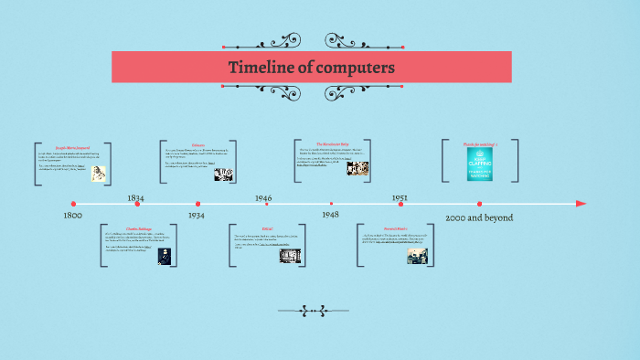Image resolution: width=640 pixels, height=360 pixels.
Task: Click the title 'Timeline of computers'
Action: [x=311, y=68]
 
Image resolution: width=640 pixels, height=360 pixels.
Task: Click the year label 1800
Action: [x=73, y=216]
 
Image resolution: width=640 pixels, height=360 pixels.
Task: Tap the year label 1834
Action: [x=135, y=197]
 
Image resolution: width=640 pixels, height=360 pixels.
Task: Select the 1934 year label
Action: [x=197, y=215]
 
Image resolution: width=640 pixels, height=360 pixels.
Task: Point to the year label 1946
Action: [x=263, y=197]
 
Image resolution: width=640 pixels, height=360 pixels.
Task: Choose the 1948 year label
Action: [x=330, y=214]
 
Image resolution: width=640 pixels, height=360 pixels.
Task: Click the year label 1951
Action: [x=400, y=197]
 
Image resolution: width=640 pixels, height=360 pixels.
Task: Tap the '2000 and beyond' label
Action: [x=479, y=217]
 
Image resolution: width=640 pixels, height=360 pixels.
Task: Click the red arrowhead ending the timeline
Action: [x=581, y=204]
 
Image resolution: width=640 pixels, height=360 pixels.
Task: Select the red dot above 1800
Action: [x=73, y=204]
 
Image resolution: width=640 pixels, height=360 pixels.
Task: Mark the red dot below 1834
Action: [x=137, y=204]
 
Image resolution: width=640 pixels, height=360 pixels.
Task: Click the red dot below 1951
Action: [x=400, y=204]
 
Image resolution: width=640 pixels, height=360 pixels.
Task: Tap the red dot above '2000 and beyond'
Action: [x=479, y=204]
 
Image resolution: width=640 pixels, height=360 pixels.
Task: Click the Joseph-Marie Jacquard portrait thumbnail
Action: [x=97, y=174]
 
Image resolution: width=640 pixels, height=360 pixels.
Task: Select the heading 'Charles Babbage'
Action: [x=138, y=228]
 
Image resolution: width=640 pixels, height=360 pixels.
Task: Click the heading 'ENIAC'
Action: [x=267, y=228]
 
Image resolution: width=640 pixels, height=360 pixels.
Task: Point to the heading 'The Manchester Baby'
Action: [x=333, y=143]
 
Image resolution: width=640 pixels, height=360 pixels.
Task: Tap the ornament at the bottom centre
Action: [x=314, y=311]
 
